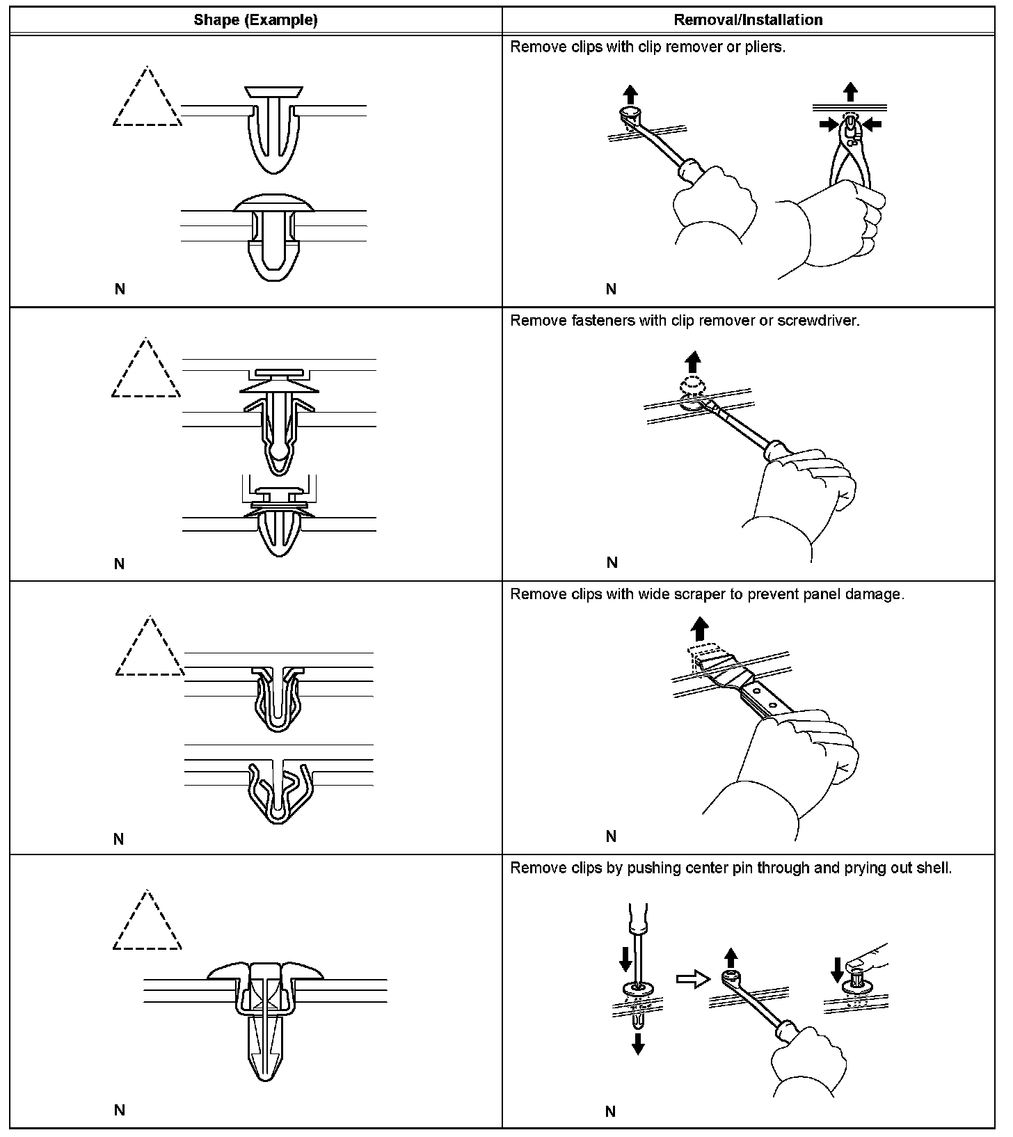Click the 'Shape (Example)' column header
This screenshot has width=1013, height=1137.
[x=255, y=20]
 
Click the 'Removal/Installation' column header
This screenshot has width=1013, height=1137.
[x=748, y=20]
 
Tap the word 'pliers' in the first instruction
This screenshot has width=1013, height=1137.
[x=766, y=47]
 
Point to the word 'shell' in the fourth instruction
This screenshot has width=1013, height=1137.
[x=933, y=868]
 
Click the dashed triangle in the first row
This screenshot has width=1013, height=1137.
[x=147, y=101]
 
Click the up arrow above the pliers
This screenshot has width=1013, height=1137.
[x=850, y=92]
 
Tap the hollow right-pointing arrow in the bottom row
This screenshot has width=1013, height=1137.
[x=692, y=979]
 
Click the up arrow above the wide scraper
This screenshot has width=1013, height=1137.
[x=699, y=630]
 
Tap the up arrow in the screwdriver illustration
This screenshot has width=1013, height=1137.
[x=692, y=361]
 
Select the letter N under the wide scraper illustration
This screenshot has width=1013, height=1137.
[x=611, y=836]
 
